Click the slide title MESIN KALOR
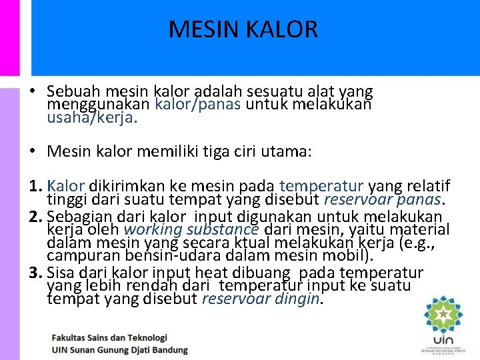point(243,29)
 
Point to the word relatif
point(427,185)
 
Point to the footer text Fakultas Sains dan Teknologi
point(109,338)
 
